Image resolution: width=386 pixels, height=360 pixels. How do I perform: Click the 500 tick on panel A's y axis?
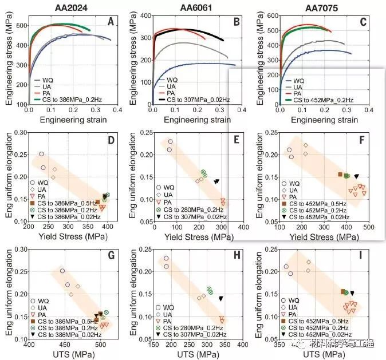coord(21,26)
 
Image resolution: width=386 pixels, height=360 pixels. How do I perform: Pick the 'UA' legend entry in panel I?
coord(293,307)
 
